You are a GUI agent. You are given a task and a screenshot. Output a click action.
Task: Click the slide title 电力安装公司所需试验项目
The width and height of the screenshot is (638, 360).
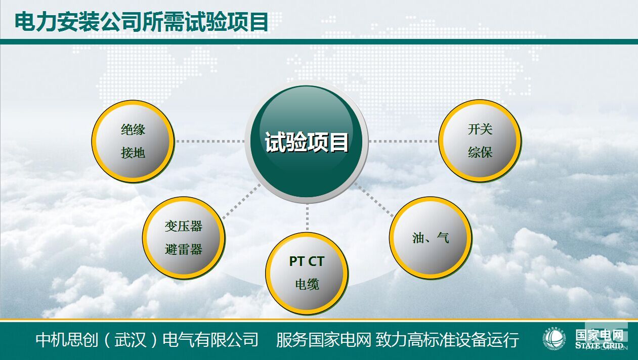pyautogui.click(x=141, y=22)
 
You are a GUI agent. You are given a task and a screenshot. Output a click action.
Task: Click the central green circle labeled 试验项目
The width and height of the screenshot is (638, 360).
pyautogui.click(x=307, y=142)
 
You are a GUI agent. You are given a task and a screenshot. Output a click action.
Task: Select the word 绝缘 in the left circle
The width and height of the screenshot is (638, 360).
pyautogui.click(x=133, y=130)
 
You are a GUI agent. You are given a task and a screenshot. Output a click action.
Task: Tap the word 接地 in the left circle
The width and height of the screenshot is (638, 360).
pyautogui.click(x=133, y=153)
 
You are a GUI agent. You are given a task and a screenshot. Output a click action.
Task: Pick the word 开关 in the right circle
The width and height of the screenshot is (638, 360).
pyautogui.click(x=480, y=129)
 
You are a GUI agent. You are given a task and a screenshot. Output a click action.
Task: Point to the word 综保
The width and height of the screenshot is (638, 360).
pyautogui.click(x=480, y=152)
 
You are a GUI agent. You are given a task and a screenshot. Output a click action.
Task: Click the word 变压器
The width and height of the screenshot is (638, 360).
pyautogui.click(x=184, y=226)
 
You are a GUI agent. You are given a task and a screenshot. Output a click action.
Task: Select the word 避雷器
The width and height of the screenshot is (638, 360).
pyautogui.click(x=184, y=249)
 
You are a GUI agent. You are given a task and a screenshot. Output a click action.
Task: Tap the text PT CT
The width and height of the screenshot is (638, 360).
pyautogui.click(x=307, y=261)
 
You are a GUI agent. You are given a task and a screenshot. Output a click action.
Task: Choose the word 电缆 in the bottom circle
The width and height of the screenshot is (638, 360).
pyautogui.click(x=307, y=284)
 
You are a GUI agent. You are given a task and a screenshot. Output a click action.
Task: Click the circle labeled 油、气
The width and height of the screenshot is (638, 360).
pyautogui.click(x=431, y=238)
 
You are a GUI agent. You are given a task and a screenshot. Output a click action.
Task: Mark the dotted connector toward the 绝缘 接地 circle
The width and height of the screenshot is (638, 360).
pyautogui.click(x=210, y=141)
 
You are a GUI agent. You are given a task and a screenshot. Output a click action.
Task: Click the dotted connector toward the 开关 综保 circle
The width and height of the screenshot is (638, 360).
pyautogui.click(x=403, y=141)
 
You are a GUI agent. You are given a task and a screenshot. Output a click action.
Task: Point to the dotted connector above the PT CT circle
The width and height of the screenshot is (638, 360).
pyautogui.click(x=307, y=217)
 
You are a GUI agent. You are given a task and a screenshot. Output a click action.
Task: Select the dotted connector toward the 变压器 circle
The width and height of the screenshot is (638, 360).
pyautogui.click(x=241, y=201)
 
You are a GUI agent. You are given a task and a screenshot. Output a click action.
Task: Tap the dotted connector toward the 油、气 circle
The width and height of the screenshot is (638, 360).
pyautogui.click(x=374, y=200)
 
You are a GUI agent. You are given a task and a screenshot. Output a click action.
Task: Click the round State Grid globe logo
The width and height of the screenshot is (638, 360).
pyautogui.click(x=554, y=339)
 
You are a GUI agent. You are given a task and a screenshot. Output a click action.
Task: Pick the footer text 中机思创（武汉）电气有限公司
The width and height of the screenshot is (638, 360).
pyautogui.click(x=147, y=339)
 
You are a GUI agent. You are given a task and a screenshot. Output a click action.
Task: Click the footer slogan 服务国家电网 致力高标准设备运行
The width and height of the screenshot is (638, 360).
pyautogui.click(x=397, y=339)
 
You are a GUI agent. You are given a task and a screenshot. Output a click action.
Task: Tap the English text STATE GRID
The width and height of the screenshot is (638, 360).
pyautogui.click(x=599, y=346)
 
